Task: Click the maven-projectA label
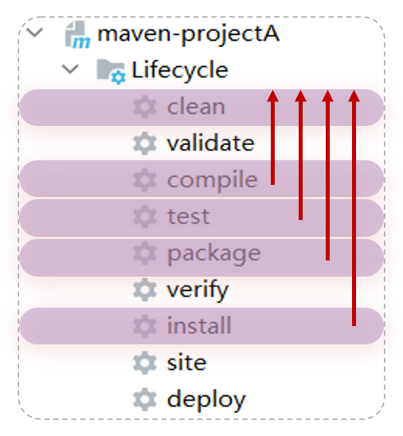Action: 189,35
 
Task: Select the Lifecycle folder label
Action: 180,71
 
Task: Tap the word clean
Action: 196,107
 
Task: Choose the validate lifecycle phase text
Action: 210,143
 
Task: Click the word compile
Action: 213,180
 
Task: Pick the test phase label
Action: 188,216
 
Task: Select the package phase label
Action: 214,254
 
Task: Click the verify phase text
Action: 198,290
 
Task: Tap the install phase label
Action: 199,325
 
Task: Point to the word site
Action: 186,362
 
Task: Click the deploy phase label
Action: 206,400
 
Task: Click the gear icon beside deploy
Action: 144,399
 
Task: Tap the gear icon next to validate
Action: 144,143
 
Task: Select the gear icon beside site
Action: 144,363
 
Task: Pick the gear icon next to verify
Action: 144,290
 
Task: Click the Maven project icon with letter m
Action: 77,35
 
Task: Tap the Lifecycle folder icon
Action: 112,72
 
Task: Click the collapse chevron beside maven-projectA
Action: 34,32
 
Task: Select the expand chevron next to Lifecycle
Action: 70,69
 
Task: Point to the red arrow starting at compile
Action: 273,137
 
